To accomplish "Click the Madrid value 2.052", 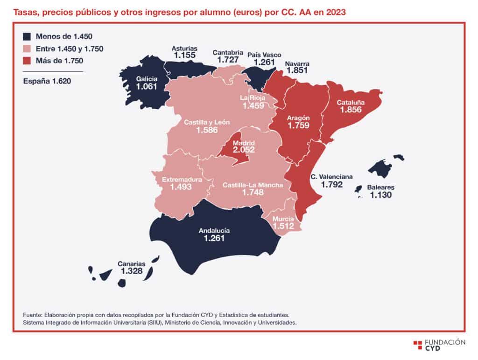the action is click(x=244, y=150).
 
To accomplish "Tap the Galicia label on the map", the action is click(x=147, y=79).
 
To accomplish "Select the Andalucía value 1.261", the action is click(x=214, y=238).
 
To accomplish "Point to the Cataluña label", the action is click(x=351, y=103).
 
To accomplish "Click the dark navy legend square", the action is click(x=27, y=36).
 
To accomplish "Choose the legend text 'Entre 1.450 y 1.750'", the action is click(x=70, y=49).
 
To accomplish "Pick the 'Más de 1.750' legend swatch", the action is click(x=27, y=61).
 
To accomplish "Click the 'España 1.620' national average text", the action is click(x=47, y=81).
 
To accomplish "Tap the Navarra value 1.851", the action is click(x=297, y=70).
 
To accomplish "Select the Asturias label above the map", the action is click(x=184, y=48).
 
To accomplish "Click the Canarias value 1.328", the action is click(x=132, y=271).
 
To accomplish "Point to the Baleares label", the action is click(x=381, y=187).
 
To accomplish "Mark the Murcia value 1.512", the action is click(x=283, y=226).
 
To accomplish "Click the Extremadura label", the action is click(x=182, y=180).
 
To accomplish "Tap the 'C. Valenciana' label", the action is click(x=332, y=177).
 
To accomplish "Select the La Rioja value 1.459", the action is click(x=253, y=106).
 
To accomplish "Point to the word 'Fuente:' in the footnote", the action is click(x=33, y=315).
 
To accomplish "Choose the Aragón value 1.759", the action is click(x=298, y=125).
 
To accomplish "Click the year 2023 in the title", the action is click(x=336, y=13).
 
